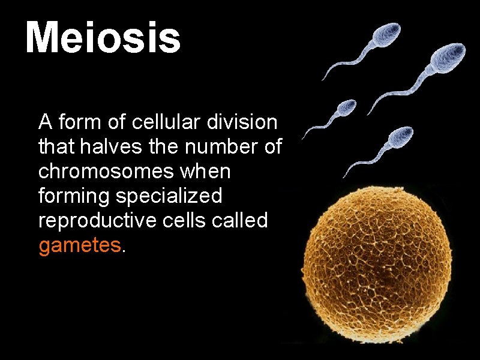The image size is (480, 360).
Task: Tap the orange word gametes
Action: click(79, 245)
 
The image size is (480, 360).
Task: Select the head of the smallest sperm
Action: click(345, 109)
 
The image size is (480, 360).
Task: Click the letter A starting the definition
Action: click(44, 122)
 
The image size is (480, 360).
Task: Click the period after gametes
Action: click(123, 250)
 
